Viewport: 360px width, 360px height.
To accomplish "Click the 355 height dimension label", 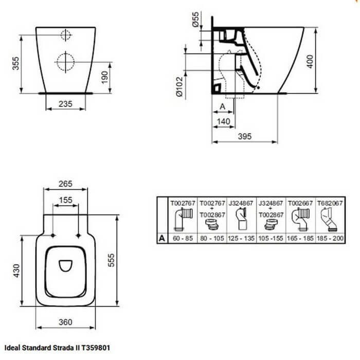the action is [16, 63].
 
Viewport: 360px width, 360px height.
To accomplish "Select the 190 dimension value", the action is [104, 77].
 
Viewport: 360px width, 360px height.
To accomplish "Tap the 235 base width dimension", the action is [65, 104].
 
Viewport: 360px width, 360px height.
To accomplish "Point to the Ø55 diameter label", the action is [195, 20].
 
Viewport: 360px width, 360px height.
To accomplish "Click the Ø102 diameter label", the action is [179, 86].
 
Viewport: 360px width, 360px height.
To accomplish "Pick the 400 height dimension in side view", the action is [310, 62].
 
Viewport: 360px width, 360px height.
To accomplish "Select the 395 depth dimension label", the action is [245, 136].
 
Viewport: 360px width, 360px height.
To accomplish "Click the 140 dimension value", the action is [223, 121].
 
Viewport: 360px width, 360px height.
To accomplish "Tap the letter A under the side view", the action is [222, 106].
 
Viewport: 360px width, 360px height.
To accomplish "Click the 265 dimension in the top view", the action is [65, 184].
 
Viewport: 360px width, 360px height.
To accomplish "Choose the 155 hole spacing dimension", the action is [66, 200].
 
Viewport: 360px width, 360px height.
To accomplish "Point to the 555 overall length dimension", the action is [111, 260].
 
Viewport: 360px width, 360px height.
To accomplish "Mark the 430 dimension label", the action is [16, 271].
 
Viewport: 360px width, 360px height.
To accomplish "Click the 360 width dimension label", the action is [65, 322].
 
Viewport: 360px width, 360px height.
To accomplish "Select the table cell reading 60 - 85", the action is [183, 238].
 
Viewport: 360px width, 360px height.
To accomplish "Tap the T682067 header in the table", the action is [330, 203].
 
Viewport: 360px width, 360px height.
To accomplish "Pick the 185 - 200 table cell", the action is [330, 238].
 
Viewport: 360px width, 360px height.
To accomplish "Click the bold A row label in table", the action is [162, 238].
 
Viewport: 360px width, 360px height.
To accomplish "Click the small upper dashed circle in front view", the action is [66, 35].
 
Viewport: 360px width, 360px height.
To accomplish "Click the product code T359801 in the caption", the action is [96, 348].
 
